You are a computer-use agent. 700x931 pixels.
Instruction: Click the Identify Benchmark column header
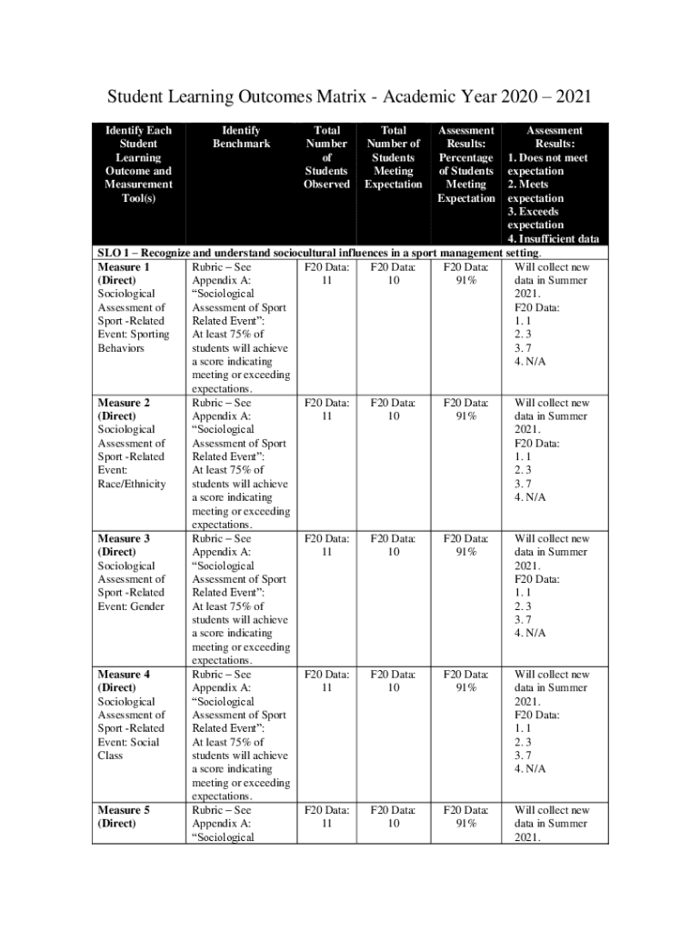click(241, 137)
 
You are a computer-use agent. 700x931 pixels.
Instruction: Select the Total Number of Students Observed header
click(326, 157)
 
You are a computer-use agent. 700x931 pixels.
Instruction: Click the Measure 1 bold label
click(123, 267)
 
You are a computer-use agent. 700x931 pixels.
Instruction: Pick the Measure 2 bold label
click(123, 403)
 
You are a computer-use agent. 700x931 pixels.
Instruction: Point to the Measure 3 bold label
click(123, 538)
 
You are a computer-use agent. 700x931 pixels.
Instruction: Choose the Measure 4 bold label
click(123, 675)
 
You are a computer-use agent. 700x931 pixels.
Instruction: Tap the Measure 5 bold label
click(123, 810)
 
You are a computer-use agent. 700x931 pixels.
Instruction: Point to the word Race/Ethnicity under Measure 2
click(132, 484)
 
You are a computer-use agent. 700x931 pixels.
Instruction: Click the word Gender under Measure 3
click(149, 606)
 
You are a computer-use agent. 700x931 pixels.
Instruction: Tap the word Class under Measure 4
click(109, 756)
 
